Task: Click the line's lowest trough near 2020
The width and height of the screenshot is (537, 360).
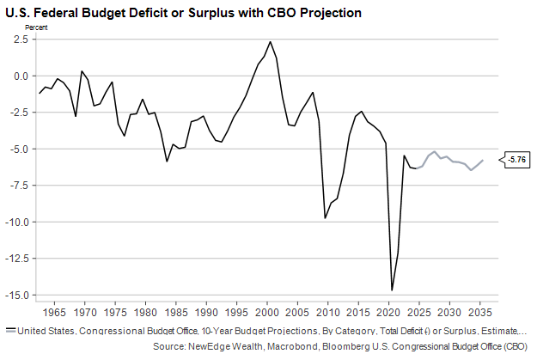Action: coord(392,290)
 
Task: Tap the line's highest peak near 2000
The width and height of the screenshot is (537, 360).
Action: coord(270,41)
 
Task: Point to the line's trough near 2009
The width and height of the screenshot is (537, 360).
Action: coord(325,218)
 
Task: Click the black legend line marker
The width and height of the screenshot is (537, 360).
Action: coord(9,330)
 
